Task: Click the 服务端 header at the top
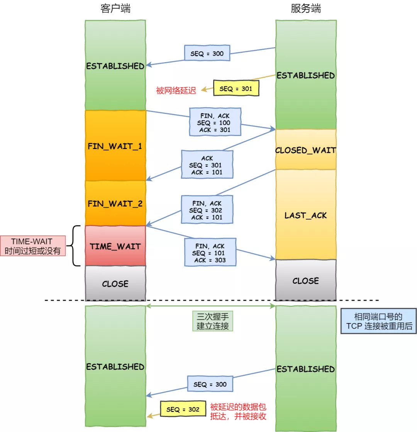coord(305,9)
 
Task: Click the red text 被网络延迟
coord(176,91)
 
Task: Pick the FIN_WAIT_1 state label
coord(115,147)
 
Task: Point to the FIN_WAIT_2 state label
coord(115,203)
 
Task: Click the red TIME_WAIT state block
coord(115,246)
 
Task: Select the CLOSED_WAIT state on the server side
coord(305,150)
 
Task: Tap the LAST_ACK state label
coord(305,215)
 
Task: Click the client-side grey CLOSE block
coord(115,284)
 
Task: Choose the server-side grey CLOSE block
coord(305,281)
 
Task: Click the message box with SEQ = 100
coord(215,122)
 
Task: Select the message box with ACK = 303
coord(210,253)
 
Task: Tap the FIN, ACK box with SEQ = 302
coord(207,210)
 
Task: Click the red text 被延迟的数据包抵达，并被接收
coord(238,412)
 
